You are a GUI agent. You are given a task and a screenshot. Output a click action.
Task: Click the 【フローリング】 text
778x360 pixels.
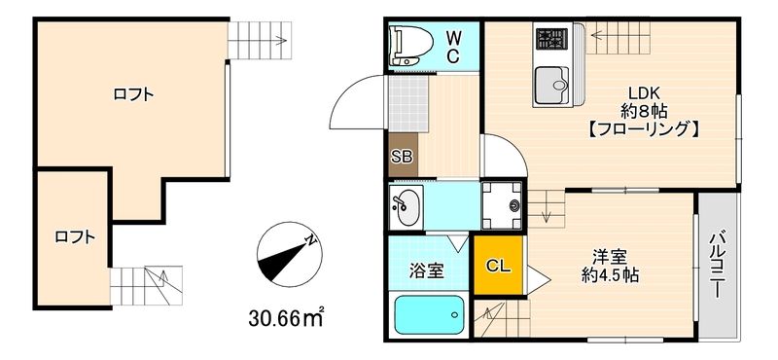(643, 128)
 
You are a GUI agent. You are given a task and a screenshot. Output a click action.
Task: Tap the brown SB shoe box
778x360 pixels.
(401, 156)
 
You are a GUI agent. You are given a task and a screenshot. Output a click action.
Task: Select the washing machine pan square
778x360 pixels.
(502, 203)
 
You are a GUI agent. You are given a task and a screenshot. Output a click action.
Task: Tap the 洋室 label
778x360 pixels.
(612, 257)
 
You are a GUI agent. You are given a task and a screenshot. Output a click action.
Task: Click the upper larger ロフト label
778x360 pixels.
(133, 94)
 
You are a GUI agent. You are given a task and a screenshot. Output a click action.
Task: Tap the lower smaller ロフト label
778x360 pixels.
(74, 235)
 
